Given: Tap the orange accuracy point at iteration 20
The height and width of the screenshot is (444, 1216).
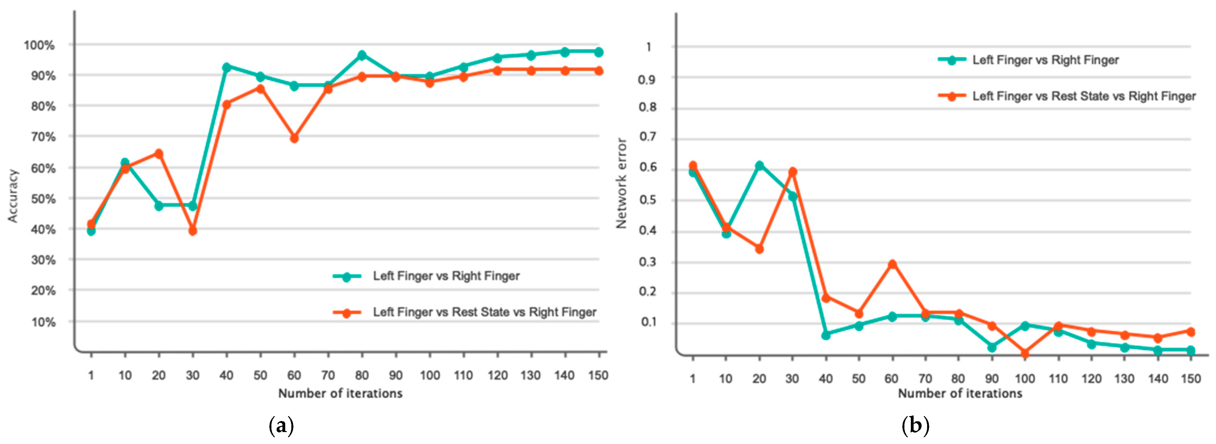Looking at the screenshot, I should point(159,154).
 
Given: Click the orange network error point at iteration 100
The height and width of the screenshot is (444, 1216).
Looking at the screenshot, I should point(1025,353).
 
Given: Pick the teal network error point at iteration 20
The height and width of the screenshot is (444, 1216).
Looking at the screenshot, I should point(759,166).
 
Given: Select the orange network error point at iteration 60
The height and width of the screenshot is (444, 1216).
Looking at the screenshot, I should point(892,264).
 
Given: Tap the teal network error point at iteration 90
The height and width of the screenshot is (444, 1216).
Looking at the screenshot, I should point(992,347).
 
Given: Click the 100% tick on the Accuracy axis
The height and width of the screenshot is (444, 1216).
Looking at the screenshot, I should point(39,45).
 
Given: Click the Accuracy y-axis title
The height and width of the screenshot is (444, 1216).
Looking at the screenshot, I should point(13,196).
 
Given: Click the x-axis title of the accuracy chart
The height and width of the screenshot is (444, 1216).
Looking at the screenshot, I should point(340,393).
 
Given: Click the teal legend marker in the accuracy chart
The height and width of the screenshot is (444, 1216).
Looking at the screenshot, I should point(347,277).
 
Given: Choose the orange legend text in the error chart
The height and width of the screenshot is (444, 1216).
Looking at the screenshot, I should point(1084,96).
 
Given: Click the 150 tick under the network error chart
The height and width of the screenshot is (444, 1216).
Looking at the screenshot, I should point(1191,378).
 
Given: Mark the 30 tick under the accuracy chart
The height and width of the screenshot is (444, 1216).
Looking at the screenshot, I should point(192,376).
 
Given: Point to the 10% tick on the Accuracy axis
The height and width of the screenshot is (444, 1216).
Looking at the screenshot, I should point(43,322).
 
